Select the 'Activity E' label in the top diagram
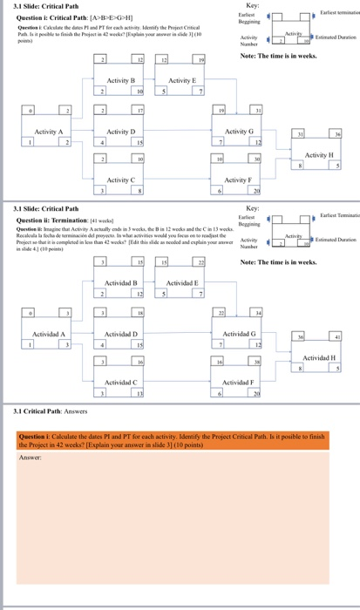coord(182,80)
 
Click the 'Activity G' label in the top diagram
coord(239,131)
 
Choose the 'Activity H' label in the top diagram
coord(322,152)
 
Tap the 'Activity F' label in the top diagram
coord(239,180)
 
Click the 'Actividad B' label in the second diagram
coord(123,284)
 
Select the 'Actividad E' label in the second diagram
coord(182,284)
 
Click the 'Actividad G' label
coord(239,334)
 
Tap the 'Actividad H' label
coord(322,356)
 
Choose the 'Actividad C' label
coord(123,382)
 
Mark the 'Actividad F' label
coord(239,382)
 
